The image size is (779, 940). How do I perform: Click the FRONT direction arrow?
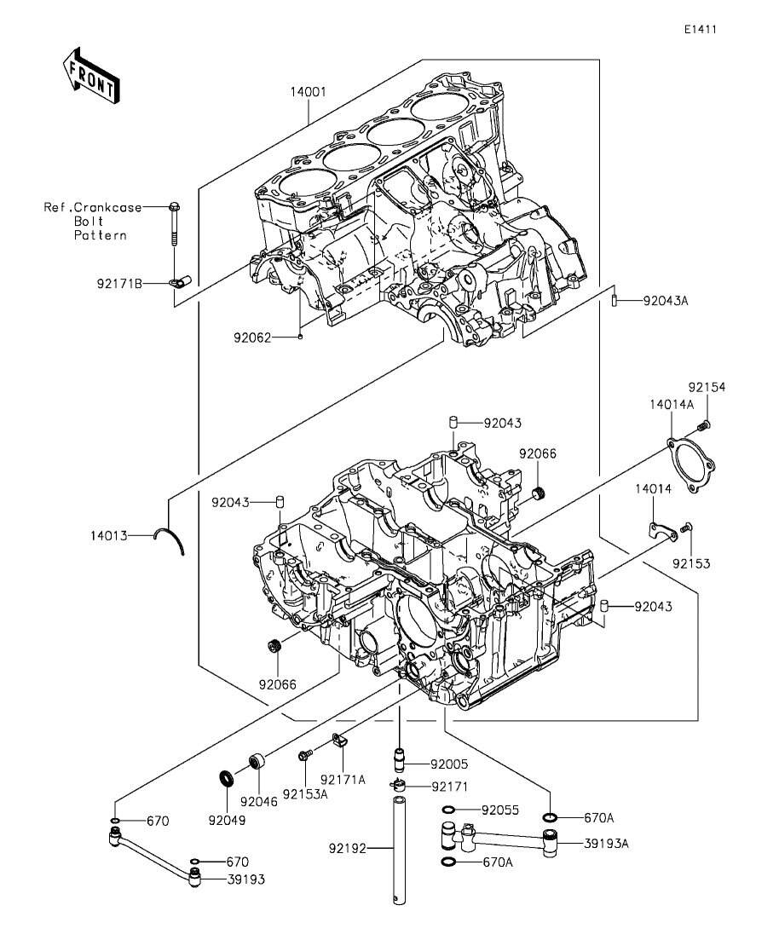click(x=91, y=74)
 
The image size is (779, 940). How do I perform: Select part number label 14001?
click(x=309, y=92)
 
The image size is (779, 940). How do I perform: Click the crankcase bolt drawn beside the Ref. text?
click(x=174, y=224)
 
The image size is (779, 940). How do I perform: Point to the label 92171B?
click(x=119, y=284)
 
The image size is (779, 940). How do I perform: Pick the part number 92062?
click(x=252, y=338)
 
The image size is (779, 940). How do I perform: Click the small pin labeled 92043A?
click(x=615, y=300)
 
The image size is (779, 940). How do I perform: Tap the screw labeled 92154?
click(x=704, y=425)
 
